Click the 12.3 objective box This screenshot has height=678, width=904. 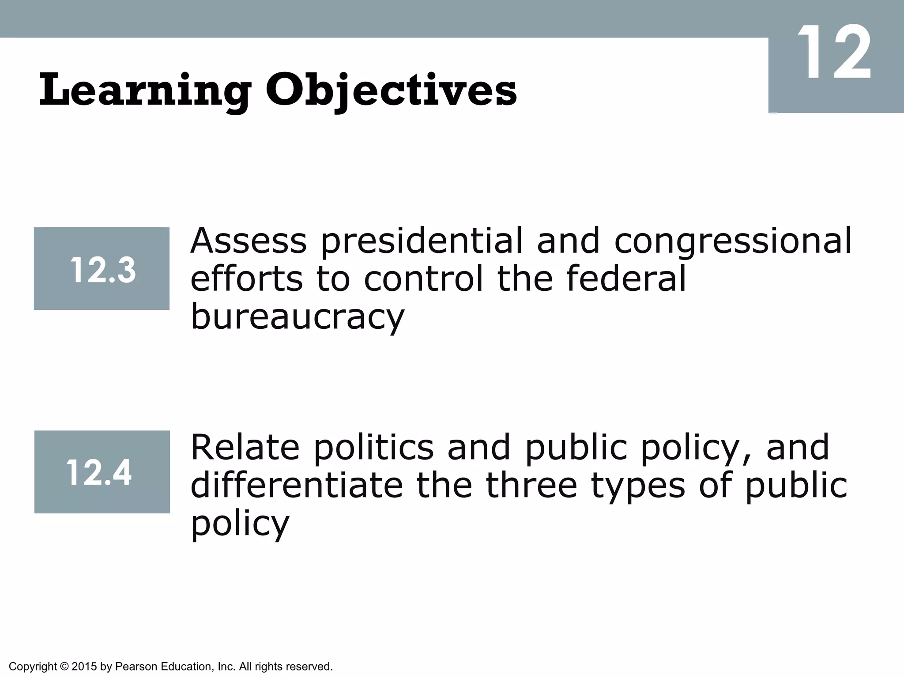(x=102, y=269)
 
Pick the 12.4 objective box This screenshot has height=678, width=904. (x=102, y=472)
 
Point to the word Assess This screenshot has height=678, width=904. (x=248, y=241)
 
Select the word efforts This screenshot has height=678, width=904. (x=247, y=279)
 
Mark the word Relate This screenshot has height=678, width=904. (x=245, y=448)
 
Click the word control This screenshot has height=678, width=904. (x=424, y=279)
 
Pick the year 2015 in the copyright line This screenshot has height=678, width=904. (x=84, y=666)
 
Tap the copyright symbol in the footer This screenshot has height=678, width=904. (x=64, y=666)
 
